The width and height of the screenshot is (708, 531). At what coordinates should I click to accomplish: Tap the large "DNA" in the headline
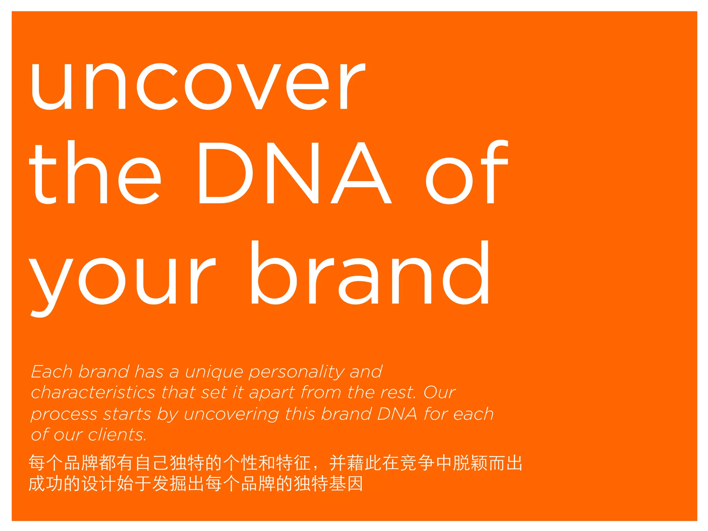[294, 173]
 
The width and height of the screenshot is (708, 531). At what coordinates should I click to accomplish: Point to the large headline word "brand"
[370, 273]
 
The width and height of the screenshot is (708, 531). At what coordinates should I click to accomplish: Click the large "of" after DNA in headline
[467, 173]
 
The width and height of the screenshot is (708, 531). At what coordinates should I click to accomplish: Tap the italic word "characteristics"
[93, 393]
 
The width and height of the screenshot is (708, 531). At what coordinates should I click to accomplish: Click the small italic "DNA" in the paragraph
[397, 414]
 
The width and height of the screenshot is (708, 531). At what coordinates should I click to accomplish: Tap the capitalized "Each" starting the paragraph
[52, 372]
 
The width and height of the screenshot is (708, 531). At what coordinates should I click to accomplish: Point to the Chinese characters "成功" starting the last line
[46, 484]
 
